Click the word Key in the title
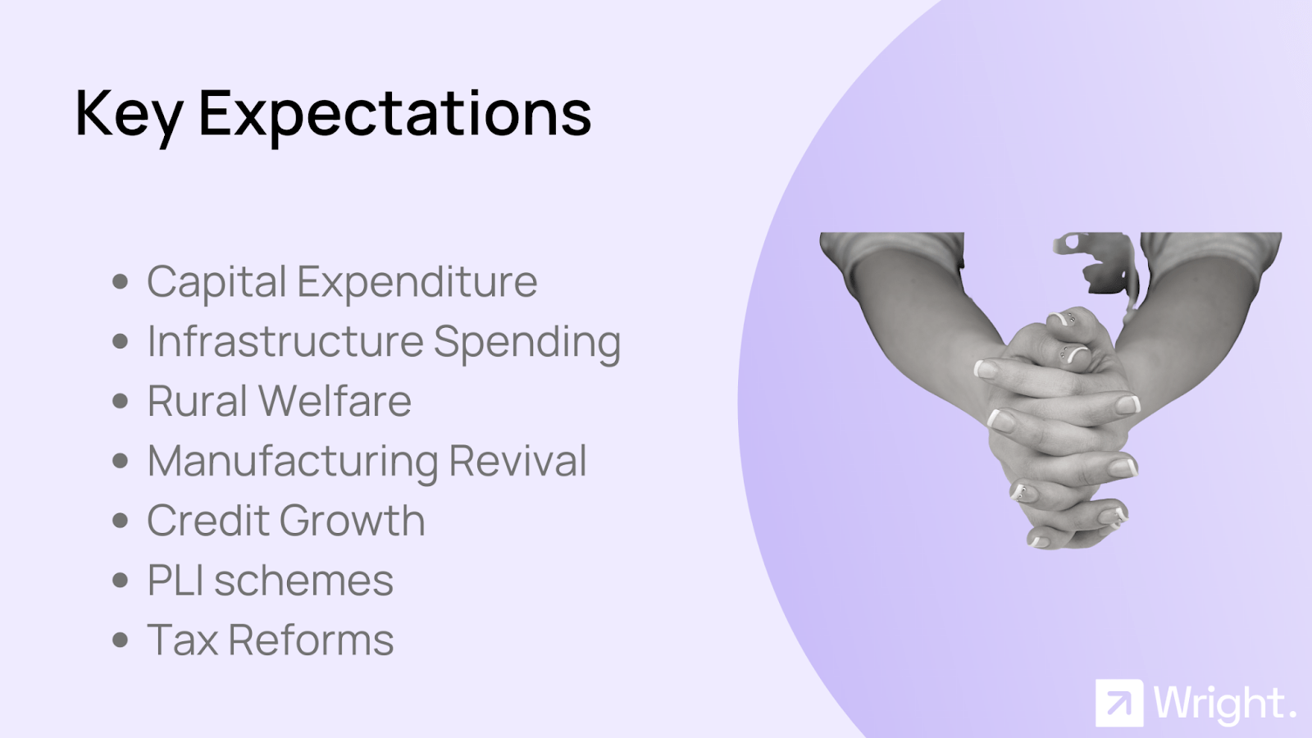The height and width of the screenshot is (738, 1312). (x=129, y=116)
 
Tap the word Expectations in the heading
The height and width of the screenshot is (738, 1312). (x=395, y=116)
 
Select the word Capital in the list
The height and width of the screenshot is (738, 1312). (x=216, y=283)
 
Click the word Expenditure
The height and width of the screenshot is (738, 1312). (x=417, y=283)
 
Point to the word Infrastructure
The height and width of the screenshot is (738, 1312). (x=285, y=341)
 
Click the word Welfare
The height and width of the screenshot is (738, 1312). (x=335, y=401)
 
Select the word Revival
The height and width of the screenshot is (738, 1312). (x=517, y=460)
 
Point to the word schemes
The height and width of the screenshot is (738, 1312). (x=304, y=581)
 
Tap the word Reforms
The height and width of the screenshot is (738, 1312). (x=311, y=640)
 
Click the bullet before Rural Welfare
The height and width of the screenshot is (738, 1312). (x=120, y=401)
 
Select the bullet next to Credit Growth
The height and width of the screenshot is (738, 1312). (x=120, y=520)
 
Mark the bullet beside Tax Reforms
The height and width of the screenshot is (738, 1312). (x=120, y=640)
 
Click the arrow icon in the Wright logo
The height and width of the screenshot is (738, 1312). (x=1119, y=703)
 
